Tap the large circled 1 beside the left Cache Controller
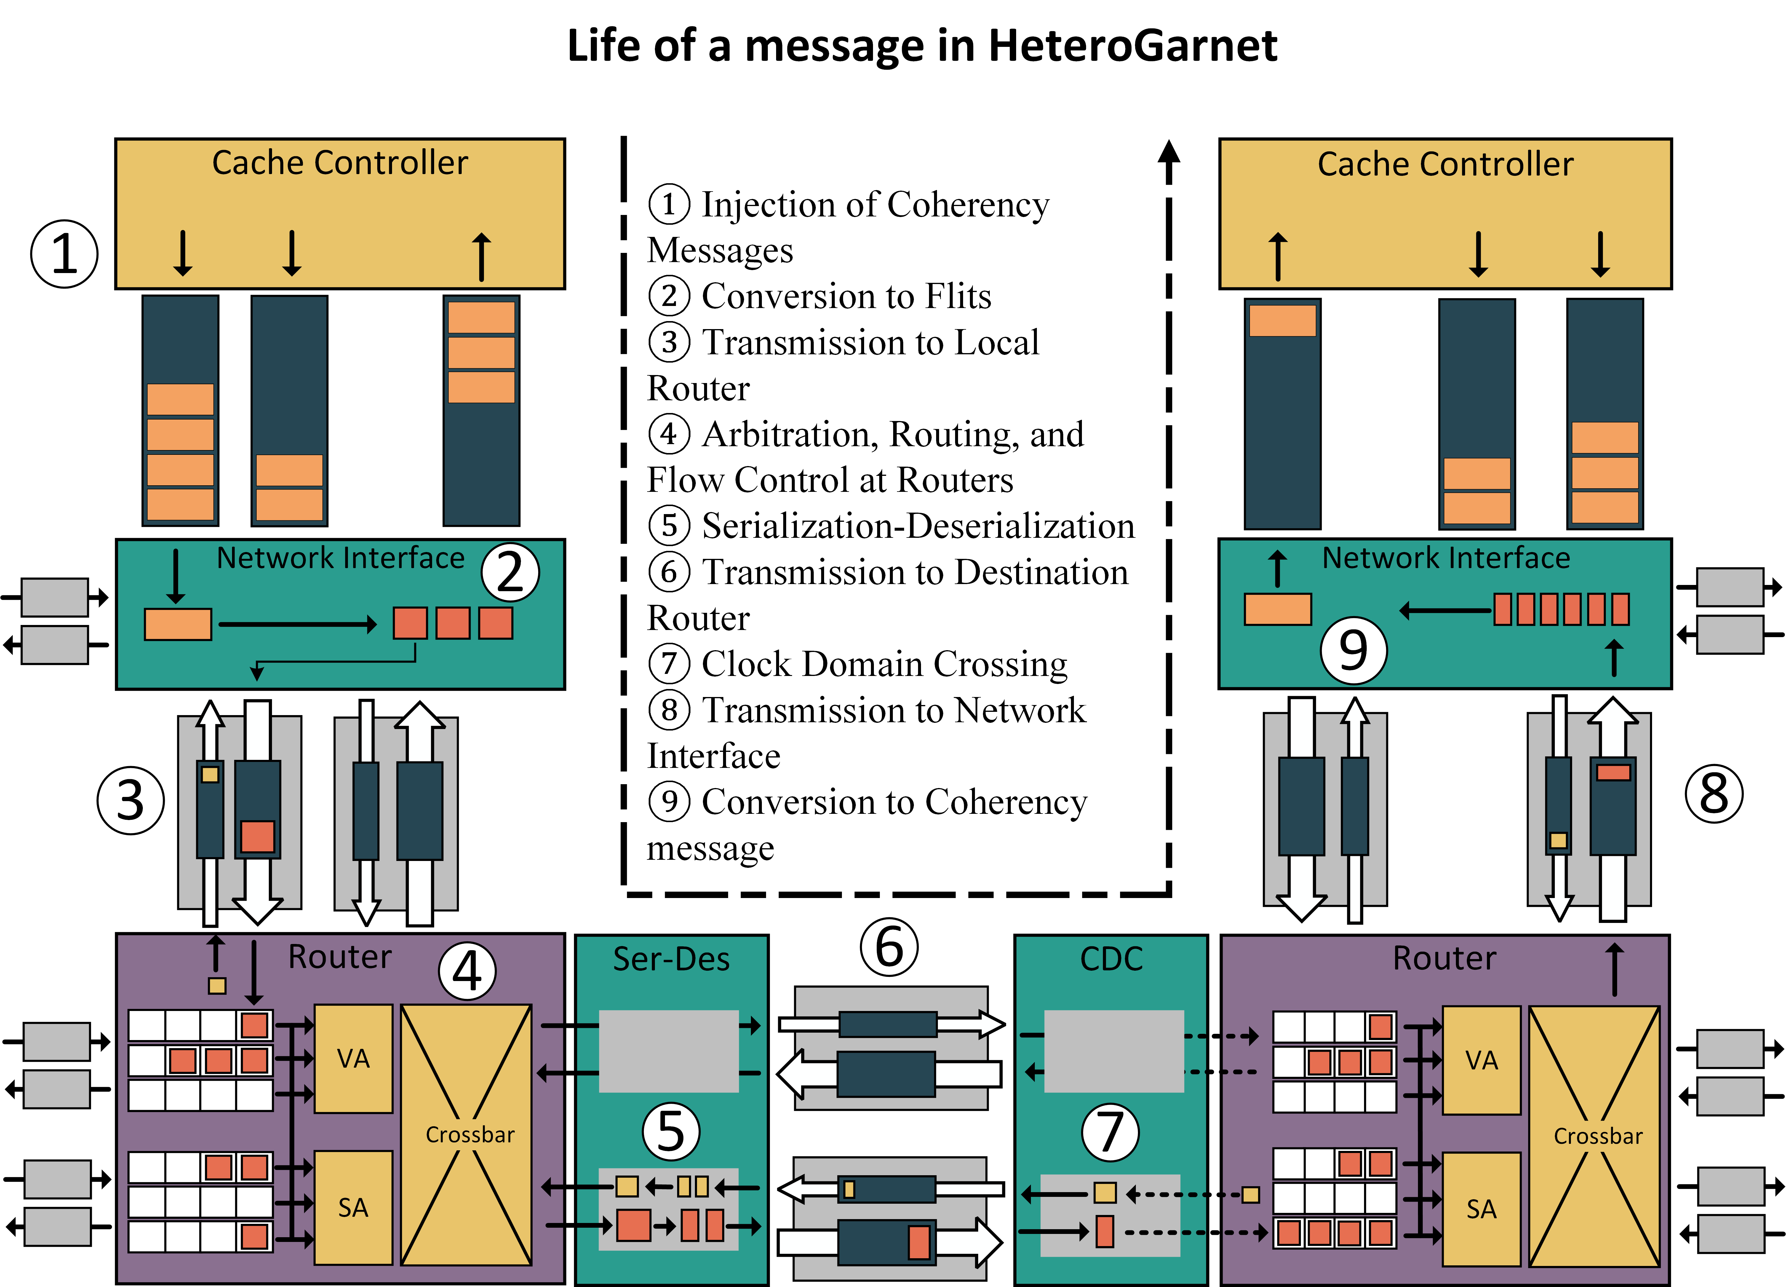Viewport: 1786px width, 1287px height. click(65, 254)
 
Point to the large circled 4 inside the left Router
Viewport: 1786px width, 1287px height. click(467, 971)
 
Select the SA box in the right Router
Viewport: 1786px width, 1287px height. click(1480, 1209)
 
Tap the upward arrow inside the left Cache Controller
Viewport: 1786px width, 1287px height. click(481, 256)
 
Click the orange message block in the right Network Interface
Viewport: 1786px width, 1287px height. click(1277, 609)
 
